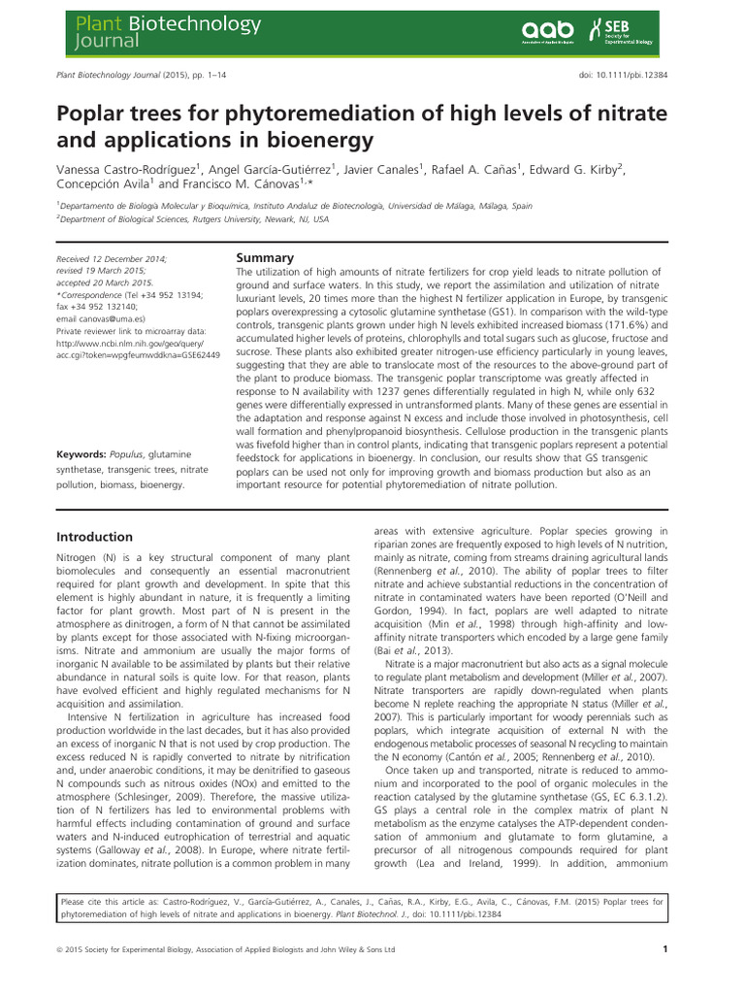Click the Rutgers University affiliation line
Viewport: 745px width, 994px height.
(x=193, y=220)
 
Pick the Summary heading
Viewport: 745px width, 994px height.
(x=265, y=258)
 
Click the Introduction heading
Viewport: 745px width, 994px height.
(x=94, y=537)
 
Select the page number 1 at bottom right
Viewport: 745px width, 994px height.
(x=664, y=949)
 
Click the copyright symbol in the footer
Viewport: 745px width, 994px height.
(x=60, y=949)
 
